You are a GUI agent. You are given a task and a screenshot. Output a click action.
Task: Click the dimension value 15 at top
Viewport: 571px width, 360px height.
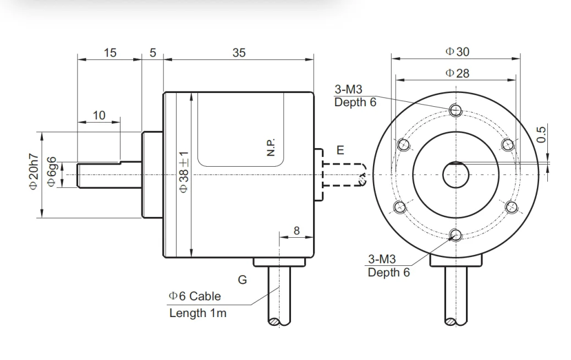click(x=110, y=53)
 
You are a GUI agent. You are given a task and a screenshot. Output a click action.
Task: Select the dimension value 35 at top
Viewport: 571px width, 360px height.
click(x=239, y=53)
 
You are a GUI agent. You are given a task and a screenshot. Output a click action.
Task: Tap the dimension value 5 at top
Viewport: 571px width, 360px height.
click(x=152, y=53)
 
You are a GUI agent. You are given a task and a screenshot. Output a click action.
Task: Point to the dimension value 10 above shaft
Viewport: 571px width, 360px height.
click(x=99, y=115)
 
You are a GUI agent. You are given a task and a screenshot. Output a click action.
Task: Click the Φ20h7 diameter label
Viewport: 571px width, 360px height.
click(x=34, y=172)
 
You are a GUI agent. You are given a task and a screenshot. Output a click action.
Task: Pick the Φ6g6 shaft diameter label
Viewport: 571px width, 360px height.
click(x=52, y=172)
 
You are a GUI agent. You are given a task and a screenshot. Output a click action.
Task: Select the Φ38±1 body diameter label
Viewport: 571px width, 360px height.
click(x=184, y=172)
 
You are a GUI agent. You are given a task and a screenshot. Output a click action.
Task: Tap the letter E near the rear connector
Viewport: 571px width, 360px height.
click(x=340, y=150)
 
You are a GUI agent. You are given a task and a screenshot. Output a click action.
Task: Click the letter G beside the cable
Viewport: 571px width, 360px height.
click(x=242, y=280)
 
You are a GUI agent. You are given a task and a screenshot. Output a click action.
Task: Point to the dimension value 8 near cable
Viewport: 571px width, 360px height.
click(x=297, y=231)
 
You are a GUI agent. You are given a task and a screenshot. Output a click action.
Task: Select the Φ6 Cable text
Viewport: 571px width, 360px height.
click(x=195, y=296)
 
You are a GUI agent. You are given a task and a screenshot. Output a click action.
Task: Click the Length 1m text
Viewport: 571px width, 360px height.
click(x=197, y=313)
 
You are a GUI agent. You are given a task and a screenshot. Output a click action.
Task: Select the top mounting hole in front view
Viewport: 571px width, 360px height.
click(x=455, y=110)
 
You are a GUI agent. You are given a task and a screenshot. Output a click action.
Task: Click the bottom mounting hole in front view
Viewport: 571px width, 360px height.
click(x=455, y=236)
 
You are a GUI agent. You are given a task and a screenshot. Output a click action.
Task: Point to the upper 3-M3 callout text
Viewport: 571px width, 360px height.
click(x=349, y=90)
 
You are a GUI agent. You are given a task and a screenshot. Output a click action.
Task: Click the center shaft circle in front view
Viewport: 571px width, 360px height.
click(x=455, y=175)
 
